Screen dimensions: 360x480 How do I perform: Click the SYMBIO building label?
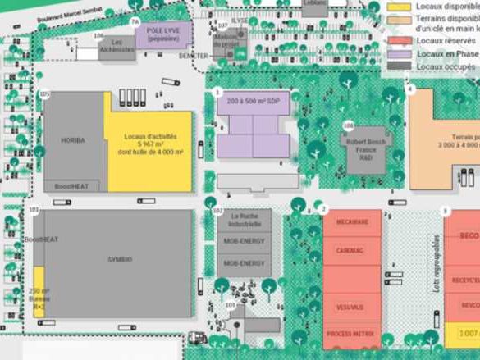pyautogui.click(x=119, y=259)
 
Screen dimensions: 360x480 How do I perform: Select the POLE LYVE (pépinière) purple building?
pyautogui.click(x=163, y=34)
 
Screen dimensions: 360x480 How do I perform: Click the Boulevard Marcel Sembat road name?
pyautogui.click(x=57, y=16)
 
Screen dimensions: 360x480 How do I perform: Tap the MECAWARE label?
pyautogui.click(x=353, y=222)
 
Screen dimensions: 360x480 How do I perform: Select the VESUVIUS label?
pyautogui.click(x=350, y=308)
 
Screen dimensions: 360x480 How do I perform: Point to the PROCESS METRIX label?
pyautogui.click(x=351, y=335)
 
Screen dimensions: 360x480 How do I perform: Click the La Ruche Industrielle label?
pyautogui.click(x=245, y=220)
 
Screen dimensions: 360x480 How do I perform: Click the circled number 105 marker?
pyautogui.click(x=44, y=94)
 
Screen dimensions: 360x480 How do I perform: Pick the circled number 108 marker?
pyautogui.click(x=349, y=125)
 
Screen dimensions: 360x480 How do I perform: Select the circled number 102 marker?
pyautogui.click(x=217, y=211)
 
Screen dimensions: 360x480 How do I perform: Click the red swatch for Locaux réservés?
pyautogui.click(x=400, y=41)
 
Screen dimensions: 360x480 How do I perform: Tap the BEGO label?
pyautogui.click(x=469, y=236)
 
